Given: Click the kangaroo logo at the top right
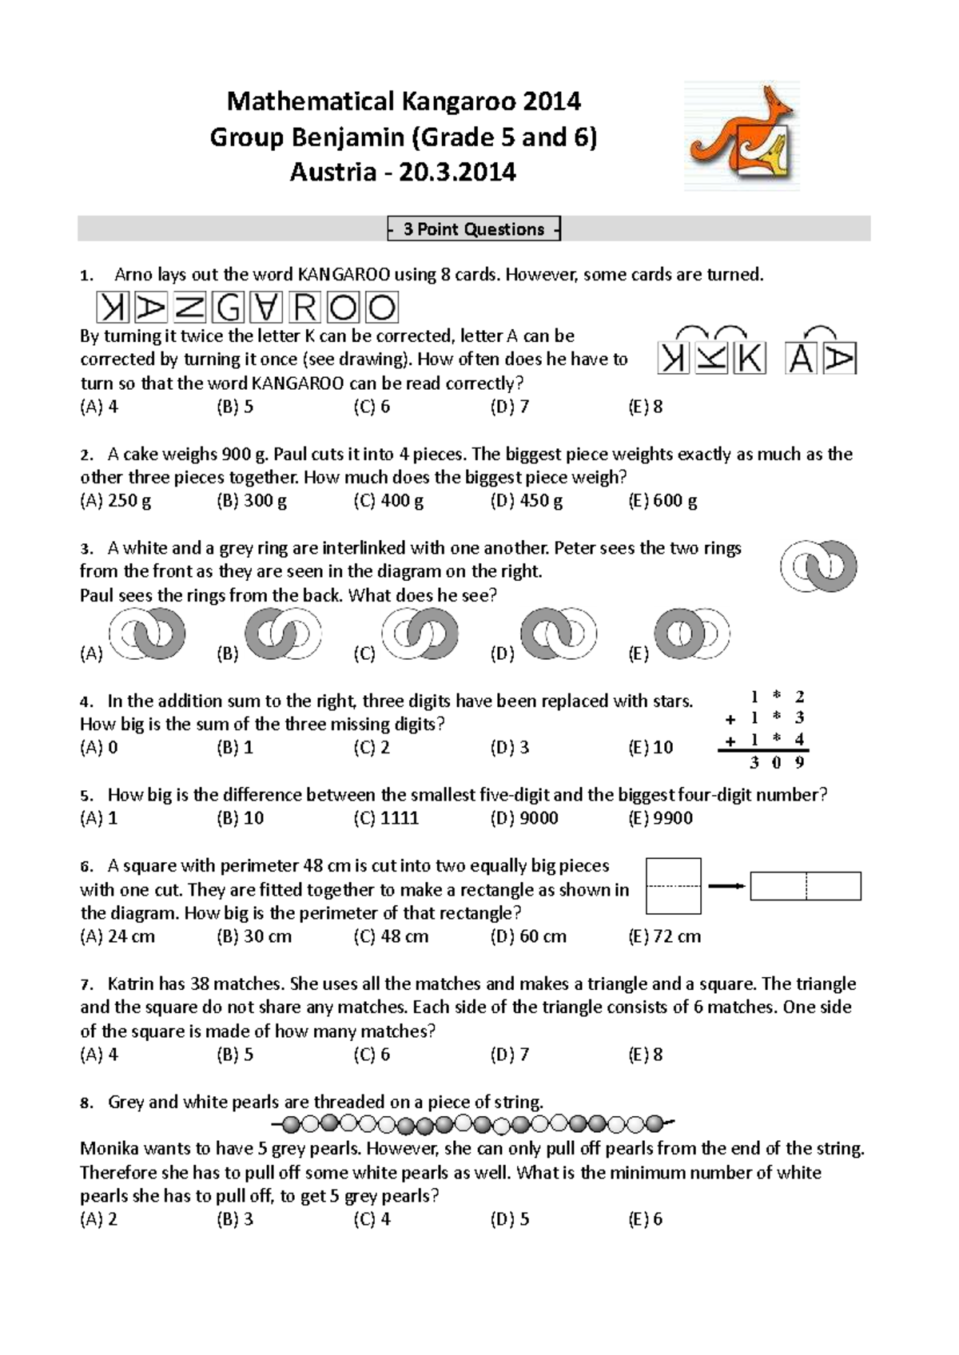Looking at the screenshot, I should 742,136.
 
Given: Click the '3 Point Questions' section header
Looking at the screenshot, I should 474,229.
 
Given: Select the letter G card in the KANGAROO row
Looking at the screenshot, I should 229,308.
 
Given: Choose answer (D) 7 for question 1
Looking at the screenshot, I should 510,407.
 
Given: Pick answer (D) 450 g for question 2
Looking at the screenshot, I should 527,501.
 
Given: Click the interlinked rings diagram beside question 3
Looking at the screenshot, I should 818,566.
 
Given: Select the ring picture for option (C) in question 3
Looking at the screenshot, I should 420,634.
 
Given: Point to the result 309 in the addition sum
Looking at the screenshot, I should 777,762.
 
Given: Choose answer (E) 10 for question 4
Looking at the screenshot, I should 651,748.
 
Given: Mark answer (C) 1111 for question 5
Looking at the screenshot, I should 386,818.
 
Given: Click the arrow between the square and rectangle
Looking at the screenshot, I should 726,886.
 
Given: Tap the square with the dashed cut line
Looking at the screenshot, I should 674,886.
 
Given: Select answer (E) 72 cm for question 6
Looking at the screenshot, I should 664,936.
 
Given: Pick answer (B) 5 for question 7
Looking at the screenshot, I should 235,1055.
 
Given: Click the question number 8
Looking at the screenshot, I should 86,1103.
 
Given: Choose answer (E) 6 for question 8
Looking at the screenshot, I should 646,1219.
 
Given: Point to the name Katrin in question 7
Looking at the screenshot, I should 130,984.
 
